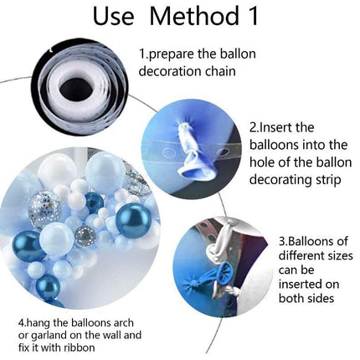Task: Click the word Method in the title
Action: (x=194, y=16)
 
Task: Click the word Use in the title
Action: (x=113, y=16)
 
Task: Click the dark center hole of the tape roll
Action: (x=75, y=89)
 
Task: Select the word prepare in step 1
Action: (x=171, y=55)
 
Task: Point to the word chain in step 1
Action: (x=221, y=71)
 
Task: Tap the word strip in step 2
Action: (x=328, y=180)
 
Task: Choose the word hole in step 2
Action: (x=261, y=162)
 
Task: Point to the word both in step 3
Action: (x=291, y=298)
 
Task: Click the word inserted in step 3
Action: (x=301, y=285)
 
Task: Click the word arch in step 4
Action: (x=123, y=322)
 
